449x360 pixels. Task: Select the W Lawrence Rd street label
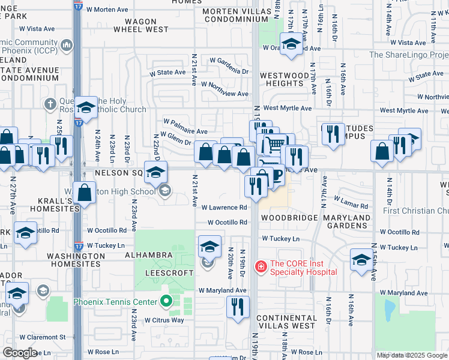[224, 208]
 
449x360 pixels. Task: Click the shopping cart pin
[275, 144]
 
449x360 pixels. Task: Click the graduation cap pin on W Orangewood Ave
[291, 44]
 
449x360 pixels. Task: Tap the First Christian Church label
[415, 211]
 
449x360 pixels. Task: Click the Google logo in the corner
[20, 353]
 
